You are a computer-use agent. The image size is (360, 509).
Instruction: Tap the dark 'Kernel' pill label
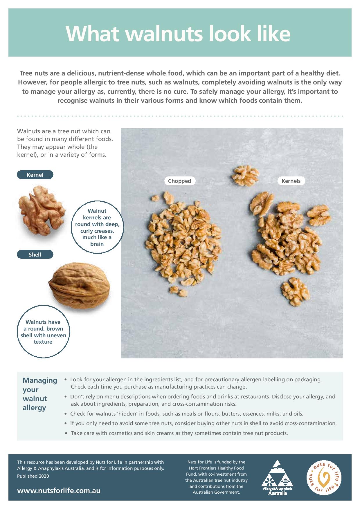click(35, 175)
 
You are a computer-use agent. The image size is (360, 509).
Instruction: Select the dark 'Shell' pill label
click(35, 255)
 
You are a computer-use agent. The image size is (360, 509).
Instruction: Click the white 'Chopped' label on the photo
click(179, 181)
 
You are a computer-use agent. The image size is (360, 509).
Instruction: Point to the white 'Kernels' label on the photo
click(291, 181)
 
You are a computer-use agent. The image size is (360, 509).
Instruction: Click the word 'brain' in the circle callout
click(97, 244)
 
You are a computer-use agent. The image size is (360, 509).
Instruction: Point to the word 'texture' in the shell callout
click(43, 342)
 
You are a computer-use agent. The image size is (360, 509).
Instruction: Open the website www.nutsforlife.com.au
click(59, 491)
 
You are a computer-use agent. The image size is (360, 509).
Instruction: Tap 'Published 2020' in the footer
click(33, 476)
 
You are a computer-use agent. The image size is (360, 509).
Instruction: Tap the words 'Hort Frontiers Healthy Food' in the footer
click(216, 468)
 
